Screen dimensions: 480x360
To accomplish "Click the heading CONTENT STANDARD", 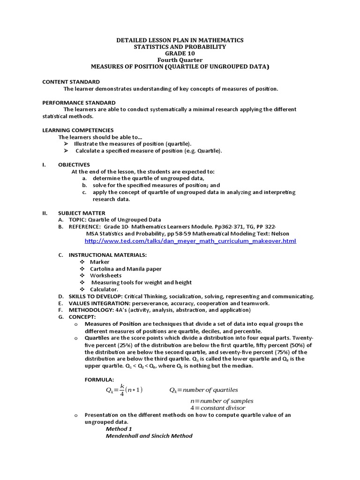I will pos(71,82).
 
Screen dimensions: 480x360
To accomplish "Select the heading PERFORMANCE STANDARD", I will pos(79,103).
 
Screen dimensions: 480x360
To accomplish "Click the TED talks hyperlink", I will pos(190,241).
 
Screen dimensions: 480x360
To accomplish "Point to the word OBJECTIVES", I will pos(74,165).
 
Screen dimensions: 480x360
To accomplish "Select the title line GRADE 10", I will pos(180,53).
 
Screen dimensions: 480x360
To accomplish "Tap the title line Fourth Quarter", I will pos(180,60).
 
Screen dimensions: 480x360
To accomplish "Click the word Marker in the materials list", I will pos(100,262).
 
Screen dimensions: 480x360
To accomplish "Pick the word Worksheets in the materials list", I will pos(106,276).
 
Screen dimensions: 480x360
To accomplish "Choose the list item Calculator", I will pos(104,289).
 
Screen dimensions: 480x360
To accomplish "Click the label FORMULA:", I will pos(99,379).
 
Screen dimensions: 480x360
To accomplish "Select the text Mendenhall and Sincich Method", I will pos(149,436).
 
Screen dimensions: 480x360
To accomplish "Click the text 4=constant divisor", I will pos(217,408).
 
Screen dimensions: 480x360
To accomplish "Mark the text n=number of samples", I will pos(222,401).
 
